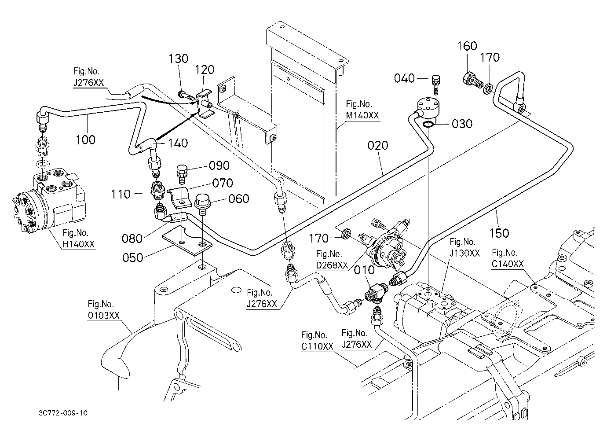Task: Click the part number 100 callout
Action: [x=85, y=140]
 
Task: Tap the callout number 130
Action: [x=179, y=59]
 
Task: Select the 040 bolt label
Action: [x=404, y=78]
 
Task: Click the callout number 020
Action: [x=378, y=145]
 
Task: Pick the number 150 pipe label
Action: [x=499, y=233]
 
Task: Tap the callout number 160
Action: [x=468, y=46]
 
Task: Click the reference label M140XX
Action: [x=362, y=115]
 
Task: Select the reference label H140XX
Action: [x=79, y=244]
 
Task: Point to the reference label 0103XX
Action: [x=103, y=315]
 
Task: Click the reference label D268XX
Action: [x=332, y=265]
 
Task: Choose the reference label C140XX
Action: [x=508, y=264]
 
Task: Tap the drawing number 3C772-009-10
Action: [x=63, y=413]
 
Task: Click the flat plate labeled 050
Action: [x=187, y=240]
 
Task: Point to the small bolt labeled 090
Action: [x=182, y=173]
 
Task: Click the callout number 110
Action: [x=121, y=194]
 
